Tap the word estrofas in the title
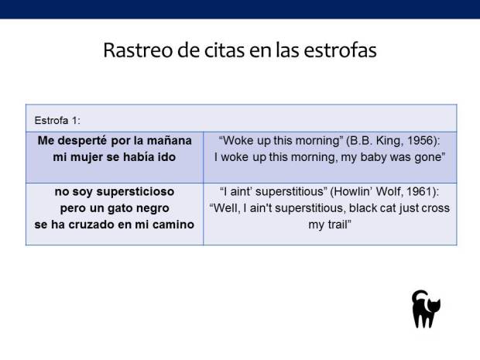(x=342, y=50)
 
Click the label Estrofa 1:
(x=57, y=120)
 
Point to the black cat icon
(x=424, y=309)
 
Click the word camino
(x=170, y=225)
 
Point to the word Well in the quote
(x=225, y=208)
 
